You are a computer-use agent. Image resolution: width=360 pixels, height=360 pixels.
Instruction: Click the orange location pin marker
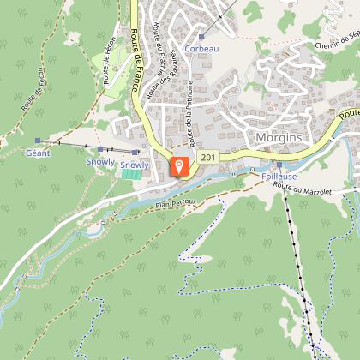click(x=179, y=165)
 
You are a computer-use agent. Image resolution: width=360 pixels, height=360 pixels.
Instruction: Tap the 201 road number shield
click(x=208, y=158)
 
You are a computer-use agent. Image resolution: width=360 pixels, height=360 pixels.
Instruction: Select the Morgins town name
click(x=277, y=137)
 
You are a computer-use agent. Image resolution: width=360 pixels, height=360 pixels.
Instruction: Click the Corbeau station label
click(x=201, y=49)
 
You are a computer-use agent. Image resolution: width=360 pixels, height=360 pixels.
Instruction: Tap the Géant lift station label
click(x=39, y=153)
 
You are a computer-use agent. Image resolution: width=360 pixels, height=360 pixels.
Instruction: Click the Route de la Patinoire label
click(x=191, y=119)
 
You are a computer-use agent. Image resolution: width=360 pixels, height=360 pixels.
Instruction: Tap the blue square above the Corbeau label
click(x=201, y=37)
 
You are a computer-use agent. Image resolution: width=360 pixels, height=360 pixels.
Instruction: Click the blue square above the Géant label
click(x=38, y=141)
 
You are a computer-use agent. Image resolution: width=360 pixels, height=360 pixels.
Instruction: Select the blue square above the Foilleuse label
click(x=279, y=165)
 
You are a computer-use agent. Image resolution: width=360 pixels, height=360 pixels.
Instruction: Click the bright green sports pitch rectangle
click(x=131, y=174)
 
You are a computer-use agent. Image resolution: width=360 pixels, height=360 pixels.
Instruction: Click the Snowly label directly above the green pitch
click(x=135, y=164)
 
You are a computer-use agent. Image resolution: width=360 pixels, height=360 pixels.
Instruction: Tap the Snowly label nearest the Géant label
click(x=99, y=160)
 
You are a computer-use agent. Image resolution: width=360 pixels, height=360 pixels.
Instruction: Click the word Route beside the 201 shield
click(x=348, y=112)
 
